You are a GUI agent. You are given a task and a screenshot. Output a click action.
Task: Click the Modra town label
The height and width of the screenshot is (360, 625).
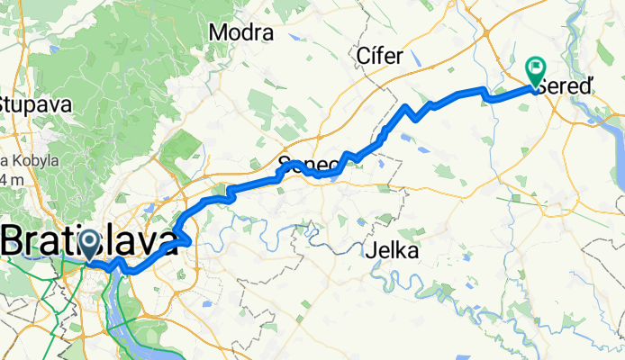click(240, 33)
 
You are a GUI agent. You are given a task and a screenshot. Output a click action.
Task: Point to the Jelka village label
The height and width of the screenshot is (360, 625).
click(393, 252)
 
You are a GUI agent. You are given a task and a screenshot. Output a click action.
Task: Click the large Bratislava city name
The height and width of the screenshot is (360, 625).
click(90, 241)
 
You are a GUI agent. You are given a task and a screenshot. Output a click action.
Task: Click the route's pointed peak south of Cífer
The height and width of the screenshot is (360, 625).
click(408, 107)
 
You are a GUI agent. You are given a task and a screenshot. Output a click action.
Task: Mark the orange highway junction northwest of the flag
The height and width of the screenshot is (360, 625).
click(487, 36)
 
